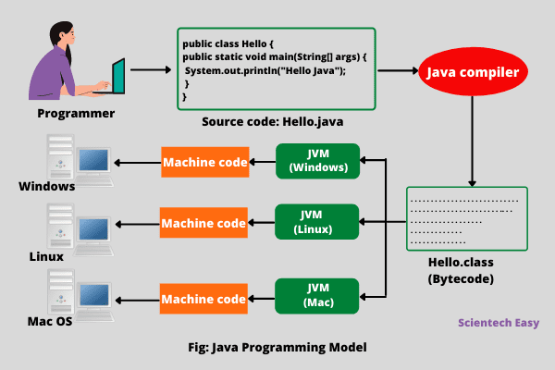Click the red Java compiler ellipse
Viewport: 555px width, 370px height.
point(473,71)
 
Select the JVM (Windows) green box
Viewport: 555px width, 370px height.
point(318,161)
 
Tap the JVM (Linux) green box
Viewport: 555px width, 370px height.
point(316,222)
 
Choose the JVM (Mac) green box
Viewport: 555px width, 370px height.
point(316,296)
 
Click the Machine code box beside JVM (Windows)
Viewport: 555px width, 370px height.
point(205,162)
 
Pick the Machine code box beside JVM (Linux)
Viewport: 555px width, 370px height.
point(203,223)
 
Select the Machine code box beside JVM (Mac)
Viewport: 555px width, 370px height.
point(203,299)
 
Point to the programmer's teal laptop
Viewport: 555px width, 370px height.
point(116,78)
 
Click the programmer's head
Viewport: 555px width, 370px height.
point(63,34)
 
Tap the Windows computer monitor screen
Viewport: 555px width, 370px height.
point(93,160)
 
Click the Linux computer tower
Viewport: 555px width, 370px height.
point(60,226)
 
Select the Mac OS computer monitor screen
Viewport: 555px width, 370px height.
point(94,295)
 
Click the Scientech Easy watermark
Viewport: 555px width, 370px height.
point(499,323)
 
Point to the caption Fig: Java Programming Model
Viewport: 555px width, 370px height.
point(277,348)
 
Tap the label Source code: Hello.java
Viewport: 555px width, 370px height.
point(272,122)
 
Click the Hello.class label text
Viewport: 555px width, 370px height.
point(461,263)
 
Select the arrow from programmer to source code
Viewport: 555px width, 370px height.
point(151,69)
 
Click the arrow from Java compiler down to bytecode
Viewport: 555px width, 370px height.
point(472,142)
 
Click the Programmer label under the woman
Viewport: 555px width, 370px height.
point(76,113)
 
